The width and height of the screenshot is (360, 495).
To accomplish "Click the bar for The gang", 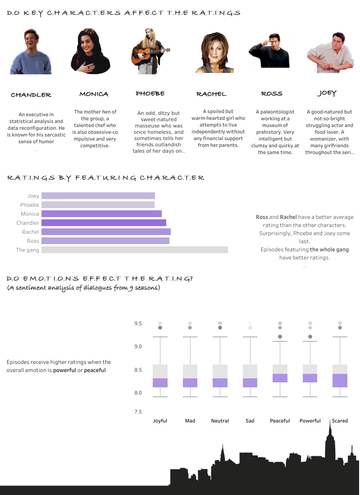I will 134,250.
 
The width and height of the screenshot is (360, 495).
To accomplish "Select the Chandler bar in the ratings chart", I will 104,223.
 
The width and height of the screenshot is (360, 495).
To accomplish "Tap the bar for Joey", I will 98,196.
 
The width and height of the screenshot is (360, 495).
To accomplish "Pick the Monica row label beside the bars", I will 30,214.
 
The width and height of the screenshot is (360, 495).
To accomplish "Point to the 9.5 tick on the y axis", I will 138,324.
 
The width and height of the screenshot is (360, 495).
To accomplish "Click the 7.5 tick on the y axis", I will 138,412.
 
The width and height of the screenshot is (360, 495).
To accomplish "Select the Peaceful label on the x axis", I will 280,421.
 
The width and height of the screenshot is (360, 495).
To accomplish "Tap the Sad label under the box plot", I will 250,421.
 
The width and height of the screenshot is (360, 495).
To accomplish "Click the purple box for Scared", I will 340,381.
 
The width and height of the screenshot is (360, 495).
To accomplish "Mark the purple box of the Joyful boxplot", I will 160,383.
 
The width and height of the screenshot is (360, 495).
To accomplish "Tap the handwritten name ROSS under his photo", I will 272,94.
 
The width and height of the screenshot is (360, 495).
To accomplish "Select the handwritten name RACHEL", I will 211,94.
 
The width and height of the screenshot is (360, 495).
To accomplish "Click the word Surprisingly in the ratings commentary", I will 275,233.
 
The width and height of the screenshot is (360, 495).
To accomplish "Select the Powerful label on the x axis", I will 310,421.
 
